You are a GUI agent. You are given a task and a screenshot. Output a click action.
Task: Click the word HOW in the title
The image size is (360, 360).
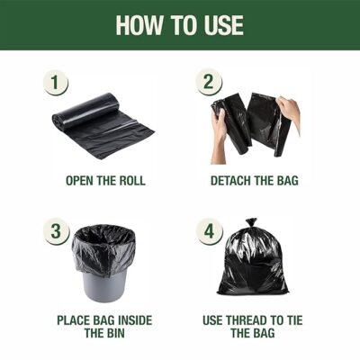click(139, 25)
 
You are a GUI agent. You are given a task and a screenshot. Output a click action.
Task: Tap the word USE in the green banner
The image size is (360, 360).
click(224, 25)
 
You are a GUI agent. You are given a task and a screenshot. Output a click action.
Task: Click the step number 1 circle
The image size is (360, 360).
click(55, 83)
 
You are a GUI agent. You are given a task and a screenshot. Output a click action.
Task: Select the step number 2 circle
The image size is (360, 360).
click(209, 82)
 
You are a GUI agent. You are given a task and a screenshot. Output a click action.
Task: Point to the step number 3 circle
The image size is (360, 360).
click(56, 231)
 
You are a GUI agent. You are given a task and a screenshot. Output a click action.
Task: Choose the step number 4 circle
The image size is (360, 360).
click(209, 231)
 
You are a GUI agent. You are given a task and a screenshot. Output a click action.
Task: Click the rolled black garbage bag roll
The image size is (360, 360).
click(103, 125)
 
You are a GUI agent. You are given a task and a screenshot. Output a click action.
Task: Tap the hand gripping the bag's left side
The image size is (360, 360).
click(219, 135)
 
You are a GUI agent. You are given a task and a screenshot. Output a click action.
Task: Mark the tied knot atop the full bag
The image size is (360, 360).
click(251, 223)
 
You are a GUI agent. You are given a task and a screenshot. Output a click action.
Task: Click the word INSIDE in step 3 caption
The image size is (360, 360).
click(135, 320)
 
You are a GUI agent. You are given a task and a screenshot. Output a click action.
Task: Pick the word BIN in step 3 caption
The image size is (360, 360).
click(114, 333)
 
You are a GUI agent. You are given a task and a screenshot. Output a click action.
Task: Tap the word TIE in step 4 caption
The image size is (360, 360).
click(295, 320)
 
